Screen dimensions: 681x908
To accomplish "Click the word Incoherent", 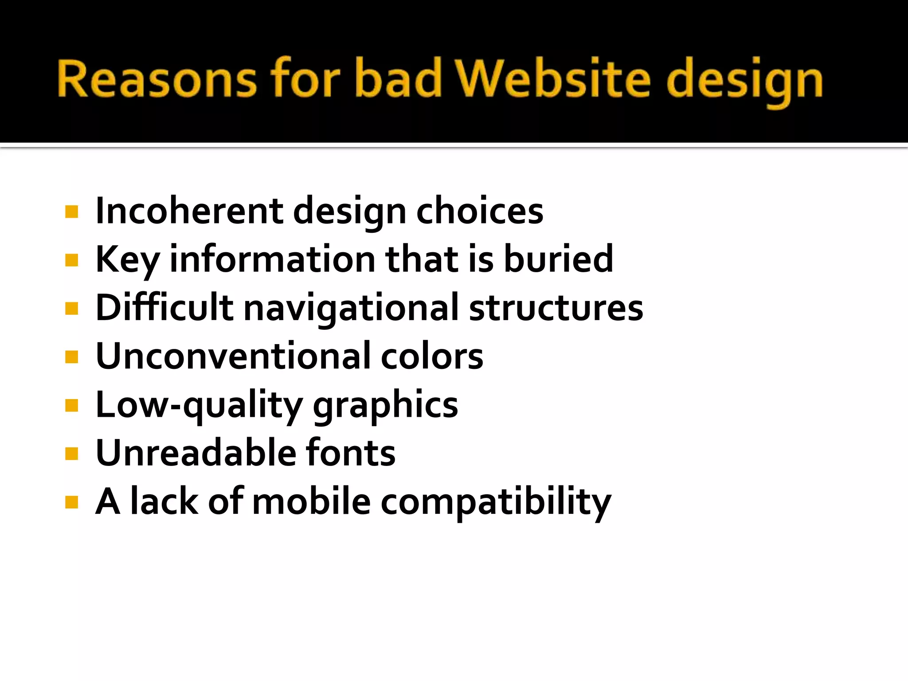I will (189, 211).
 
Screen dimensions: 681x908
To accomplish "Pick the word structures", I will (556, 308).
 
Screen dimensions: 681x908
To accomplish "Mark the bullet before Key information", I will (71, 260).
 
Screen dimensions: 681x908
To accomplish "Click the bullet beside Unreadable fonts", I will (71, 454).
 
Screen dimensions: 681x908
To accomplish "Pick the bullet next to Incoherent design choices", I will (71, 211).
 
